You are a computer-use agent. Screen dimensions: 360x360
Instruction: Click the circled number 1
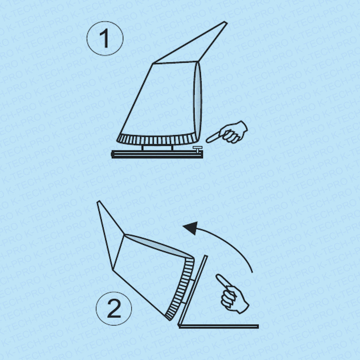[x=105, y=38]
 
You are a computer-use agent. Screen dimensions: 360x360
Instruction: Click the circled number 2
[x=114, y=308]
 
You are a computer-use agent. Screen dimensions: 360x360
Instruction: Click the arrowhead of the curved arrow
[x=191, y=228]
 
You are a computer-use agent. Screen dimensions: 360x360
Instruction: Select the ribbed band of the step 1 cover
[x=158, y=139]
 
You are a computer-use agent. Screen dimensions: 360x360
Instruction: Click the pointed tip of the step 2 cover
[x=99, y=202]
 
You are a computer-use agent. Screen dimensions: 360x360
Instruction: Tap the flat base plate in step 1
[x=157, y=154]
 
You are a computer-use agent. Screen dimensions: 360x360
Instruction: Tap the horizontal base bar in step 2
[x=218, y=326]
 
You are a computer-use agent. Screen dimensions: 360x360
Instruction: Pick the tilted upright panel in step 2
[x=193, y=290]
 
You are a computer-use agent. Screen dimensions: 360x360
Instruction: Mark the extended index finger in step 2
[x=222, y=281]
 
